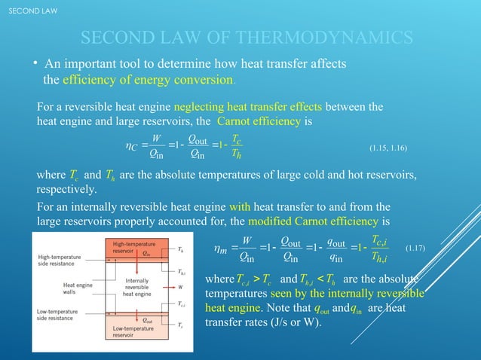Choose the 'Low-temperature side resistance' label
58,314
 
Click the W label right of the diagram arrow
181,287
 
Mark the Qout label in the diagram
148,319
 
